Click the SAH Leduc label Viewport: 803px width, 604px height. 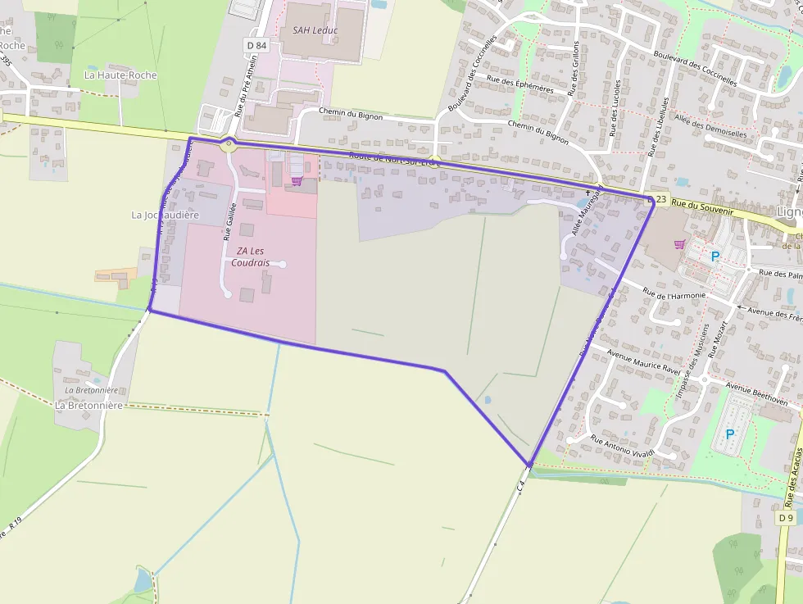tap(315, 30)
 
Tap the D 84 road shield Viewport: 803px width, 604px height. tap(256, 46)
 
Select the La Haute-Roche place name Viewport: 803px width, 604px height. tap(120, 75)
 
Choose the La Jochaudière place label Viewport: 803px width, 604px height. tap(166, 215)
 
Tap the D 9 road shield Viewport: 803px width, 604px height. tap(786, 518)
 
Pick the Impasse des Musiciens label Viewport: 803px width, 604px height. tap(692, 361)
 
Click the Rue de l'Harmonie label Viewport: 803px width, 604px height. tap(673, 298)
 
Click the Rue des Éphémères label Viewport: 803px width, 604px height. tap(519, 84)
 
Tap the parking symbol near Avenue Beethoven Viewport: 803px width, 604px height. tap(730, 434)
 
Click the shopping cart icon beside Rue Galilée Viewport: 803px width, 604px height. tap(296, 181)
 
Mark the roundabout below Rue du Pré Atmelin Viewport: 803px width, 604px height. tap(229, 144)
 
